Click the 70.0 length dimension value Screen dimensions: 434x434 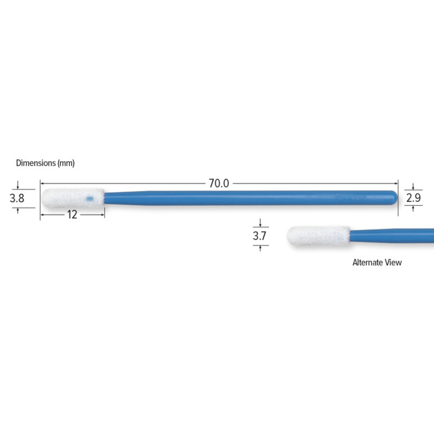coord(219,183)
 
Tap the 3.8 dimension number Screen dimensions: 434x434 coord(17,198)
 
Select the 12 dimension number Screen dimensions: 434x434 coord(72,215)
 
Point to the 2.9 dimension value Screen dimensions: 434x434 coord(413,197)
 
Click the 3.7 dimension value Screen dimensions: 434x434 coord(260,236)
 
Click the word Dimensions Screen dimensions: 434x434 coord(36,163)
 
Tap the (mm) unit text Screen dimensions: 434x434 coord(66,163)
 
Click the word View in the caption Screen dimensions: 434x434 coord(393,263)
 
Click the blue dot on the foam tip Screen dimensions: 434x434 coord(90,199)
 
